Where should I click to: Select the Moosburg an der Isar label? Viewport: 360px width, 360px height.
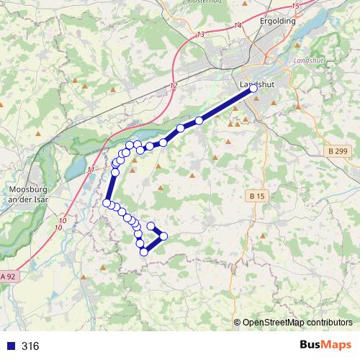pos(26,195)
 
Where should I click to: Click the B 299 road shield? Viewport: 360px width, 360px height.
pos(336,151)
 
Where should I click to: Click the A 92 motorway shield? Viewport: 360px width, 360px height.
pos(8,276)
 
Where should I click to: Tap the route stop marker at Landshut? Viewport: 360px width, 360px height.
pos(252,89)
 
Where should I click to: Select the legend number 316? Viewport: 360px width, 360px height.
pos(30,346)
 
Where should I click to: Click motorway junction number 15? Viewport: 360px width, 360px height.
pos(295,6)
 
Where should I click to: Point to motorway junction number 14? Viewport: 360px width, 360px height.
pos(238,26)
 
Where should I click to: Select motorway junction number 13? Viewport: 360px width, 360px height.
pos(199,35)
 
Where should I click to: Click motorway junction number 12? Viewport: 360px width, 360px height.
pos(173,86)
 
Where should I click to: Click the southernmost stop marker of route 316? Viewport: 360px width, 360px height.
pos(144,251)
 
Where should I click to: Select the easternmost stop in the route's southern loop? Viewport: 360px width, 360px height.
pos(163,236)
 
